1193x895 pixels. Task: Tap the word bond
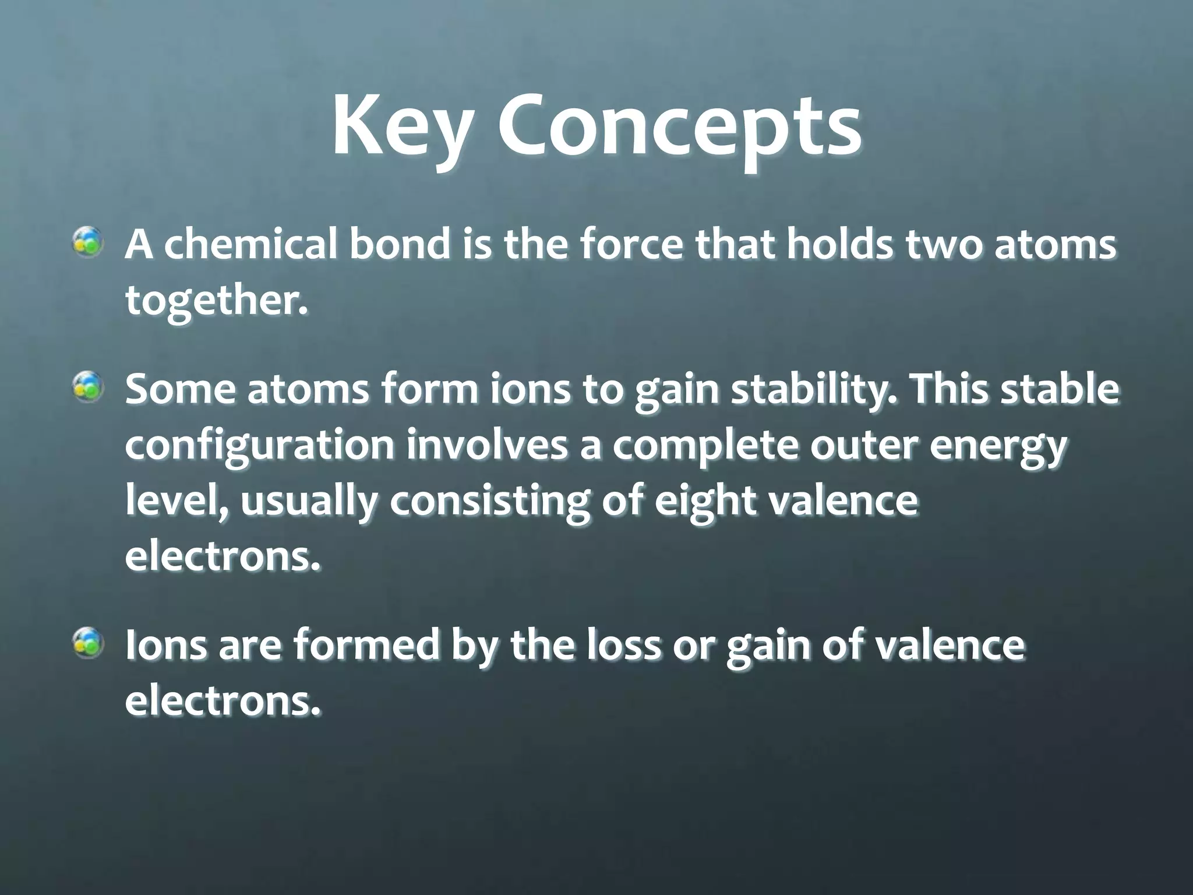click(400, 245)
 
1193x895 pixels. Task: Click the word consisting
click(490, 502)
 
